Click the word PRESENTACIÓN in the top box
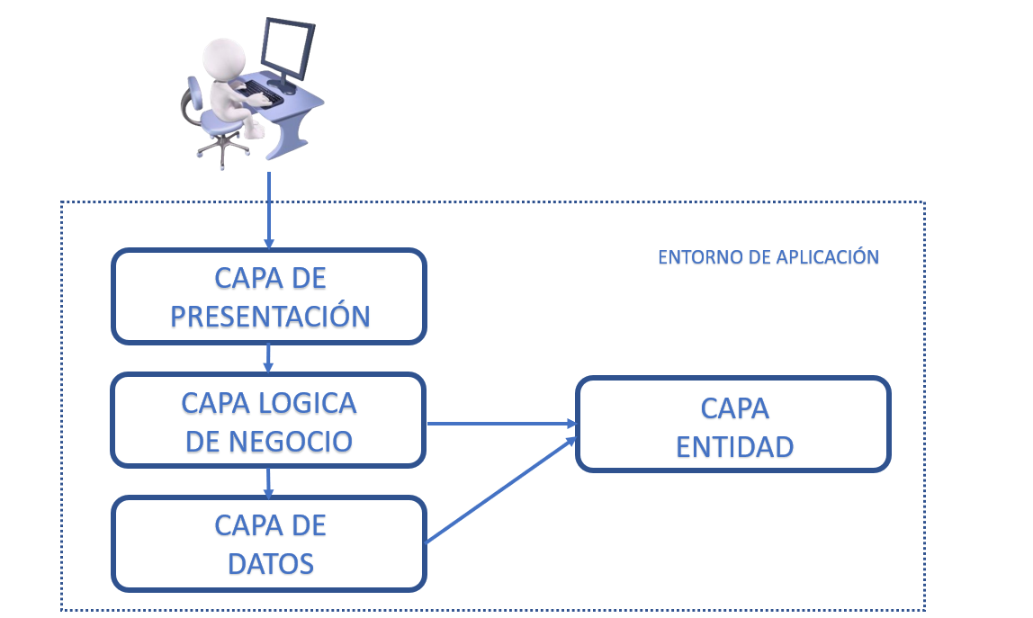coord(269,316)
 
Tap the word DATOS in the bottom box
coord(270,564)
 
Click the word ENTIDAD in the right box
coord(734,446)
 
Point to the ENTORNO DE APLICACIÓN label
coord(768,257)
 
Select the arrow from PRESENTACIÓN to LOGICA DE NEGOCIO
coord(268,358)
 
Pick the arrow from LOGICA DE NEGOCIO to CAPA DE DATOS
coord(268,482)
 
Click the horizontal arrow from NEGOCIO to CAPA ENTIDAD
coord(499,423)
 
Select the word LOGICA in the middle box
coord(310,403)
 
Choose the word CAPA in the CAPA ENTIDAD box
coord(734,408)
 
